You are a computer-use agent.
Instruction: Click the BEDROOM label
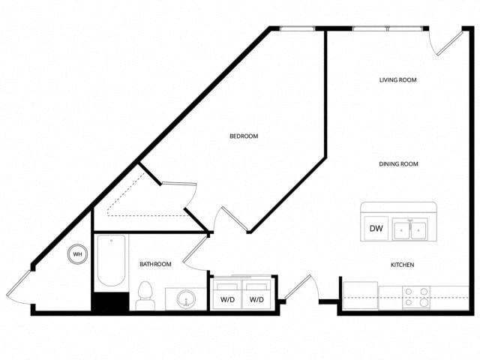pyautogui.click(x=244, y=136)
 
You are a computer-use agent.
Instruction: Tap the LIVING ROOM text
pyautogui.click(x=398, y=80)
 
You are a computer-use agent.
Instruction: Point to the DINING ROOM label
pyautogui.click(x=398, y=164)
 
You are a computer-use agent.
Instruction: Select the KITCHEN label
pyautogui.click(x=402, y=265)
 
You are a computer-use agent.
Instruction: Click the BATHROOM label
pyautogui.click(x=155, y=264)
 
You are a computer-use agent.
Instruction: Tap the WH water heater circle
pyautogui.click(x=77, y=254)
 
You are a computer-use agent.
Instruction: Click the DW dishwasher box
pyautogui.click(x=376, y=228)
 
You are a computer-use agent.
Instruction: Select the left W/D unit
pyautogui.click(x=227, y=294)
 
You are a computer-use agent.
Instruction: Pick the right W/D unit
pyautogui.click(x=256, y=294)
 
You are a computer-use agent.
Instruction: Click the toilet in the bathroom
pyautogui.click(x=145, y=295)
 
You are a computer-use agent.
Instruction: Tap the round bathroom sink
pyautogui.click(x=186, y=298)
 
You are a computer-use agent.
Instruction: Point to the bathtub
pyautogui.click(x=111, y=260)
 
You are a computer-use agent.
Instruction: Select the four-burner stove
pyautogui.click(x=416, y=298)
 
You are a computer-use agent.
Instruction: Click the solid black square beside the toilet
pyautogui.click(x=111, y=301)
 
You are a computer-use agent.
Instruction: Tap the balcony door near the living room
pyautogui.click(x=445, y=43)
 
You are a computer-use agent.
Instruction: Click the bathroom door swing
pyautogui.click(x=195, y=253)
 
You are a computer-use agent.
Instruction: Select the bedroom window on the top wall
pyautogui.click(x=297, y=28)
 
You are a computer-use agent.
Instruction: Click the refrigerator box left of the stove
pyautogui.click(x=360, y=295)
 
